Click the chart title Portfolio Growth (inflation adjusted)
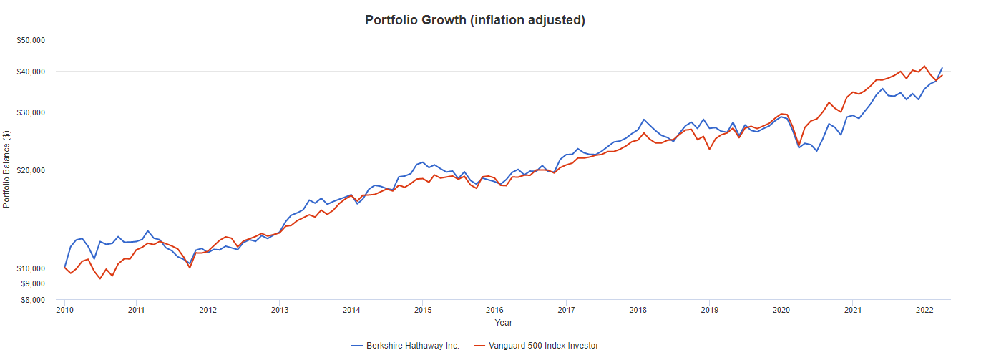[475, 20]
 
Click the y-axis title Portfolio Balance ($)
[7, 170]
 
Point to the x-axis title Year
[504, 323]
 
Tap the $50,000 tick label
[31, 40]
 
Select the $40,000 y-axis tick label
[31, 72]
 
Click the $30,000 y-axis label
[31, 112]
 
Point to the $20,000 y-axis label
[31, 170]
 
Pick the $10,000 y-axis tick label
[31, 268]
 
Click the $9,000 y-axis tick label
[33, 284]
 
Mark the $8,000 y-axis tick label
[33, 300]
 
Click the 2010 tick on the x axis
[64, 310]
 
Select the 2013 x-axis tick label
[279, 310]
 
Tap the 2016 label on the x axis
[494, 310]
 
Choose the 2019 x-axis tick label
[709, 310]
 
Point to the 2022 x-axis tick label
[924, 310]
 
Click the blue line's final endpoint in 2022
[942, 68]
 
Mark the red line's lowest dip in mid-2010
[100, 278]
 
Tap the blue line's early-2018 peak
[643, 120]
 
